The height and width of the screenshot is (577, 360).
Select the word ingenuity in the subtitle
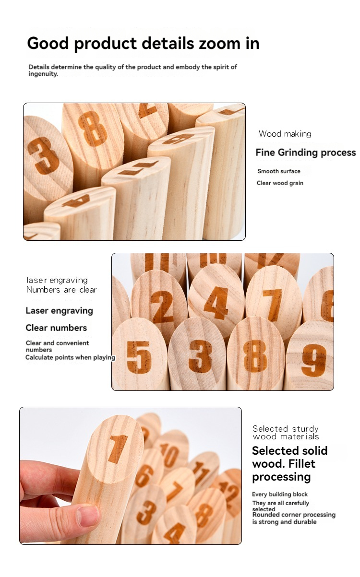point(43,74)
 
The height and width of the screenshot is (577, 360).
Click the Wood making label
point(285,134)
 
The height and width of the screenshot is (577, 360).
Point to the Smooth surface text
point(279,171)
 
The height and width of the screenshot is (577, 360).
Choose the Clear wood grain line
point(280,183)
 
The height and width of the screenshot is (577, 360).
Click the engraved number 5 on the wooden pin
point(139,357)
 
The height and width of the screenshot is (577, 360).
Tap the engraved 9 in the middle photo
point(314,360)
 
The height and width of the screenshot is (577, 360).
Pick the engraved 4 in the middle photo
point(216,303)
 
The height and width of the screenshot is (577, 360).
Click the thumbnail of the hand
point(88,516)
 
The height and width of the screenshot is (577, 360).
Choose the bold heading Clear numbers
point(56,328)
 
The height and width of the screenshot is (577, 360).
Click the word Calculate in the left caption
point(40,357)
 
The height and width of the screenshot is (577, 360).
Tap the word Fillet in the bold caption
point(302,464)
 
